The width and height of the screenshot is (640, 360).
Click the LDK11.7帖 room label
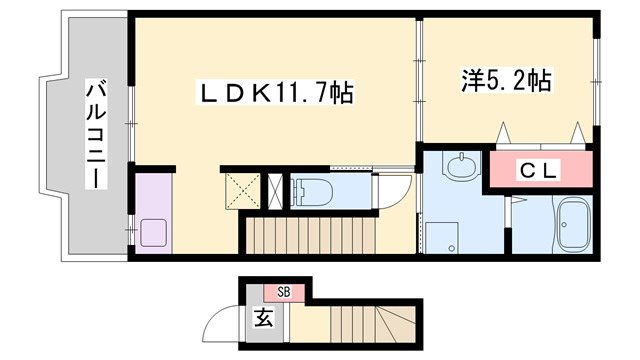click(276, 94)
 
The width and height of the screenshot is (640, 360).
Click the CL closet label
click(538, 170)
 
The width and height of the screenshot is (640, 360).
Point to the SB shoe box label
click(284, 292)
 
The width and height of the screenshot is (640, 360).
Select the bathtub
click(572, 226)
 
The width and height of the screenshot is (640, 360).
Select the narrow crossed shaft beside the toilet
click(276, 189)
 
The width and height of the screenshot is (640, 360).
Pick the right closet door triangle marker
click(578, 132)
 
